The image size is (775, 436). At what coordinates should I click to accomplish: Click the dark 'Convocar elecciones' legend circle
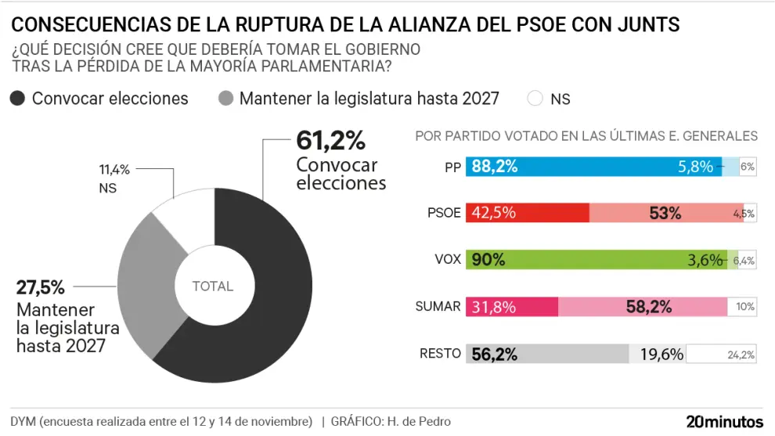pyautogui.click(x=18, y=99)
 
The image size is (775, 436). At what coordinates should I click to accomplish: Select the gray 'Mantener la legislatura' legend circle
pyautogui.click(x=225, y=99)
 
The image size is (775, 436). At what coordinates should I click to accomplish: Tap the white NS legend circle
pyautogui.click(x=535, y=99)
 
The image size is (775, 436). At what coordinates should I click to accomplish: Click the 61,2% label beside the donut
pyautogui.click(x=330, y=142)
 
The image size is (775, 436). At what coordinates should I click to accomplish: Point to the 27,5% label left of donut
pyautogui.click(x=40, y=287)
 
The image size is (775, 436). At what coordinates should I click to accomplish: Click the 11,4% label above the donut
pyautogui.click(x=114, y=168)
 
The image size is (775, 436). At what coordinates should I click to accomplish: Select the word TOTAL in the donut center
pyautogui.click(x=213, y=286)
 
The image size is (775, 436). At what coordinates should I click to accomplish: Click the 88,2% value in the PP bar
pyautogui.click(x=494, y=167)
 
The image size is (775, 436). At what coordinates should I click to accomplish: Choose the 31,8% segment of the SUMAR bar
pyautogui.click(x=511, y=307)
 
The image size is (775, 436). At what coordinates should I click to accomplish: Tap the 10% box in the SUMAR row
pyautogui.click(x=742, y=307)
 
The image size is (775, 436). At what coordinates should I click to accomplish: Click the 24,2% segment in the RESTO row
pyautogui.click(x=722, y=354)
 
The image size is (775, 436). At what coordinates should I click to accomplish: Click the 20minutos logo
pyautogui.click(x=724, y=421)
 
